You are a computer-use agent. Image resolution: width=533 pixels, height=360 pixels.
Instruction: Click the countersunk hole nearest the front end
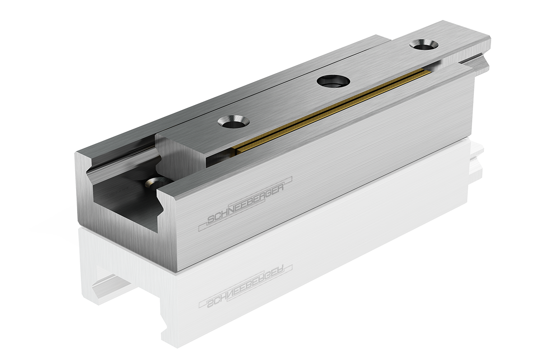coord(233,122)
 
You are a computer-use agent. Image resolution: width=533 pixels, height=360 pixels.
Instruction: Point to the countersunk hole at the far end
coord(423,45)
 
